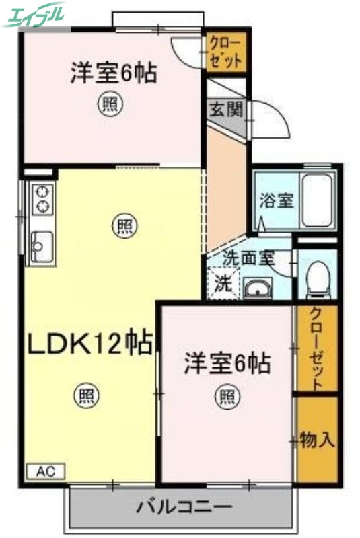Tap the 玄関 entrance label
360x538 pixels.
224,108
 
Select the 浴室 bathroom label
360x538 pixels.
277,200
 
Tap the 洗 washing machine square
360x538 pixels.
221,284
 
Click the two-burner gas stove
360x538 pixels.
42,197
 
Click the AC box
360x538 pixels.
46,471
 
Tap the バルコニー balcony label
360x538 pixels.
184,506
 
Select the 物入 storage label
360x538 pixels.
317,440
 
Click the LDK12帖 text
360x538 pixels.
89,344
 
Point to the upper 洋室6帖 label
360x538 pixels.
114,73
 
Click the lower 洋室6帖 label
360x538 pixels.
228,364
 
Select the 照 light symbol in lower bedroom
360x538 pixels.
227,396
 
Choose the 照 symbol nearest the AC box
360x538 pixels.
85,396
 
